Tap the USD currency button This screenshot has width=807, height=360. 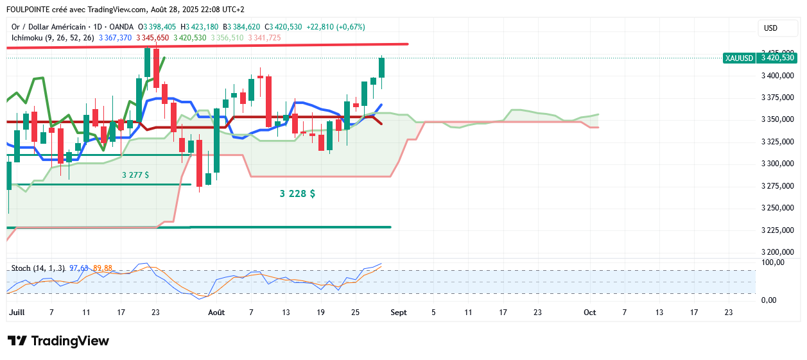tap(770, 28)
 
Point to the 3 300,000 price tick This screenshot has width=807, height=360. tap(777, 164)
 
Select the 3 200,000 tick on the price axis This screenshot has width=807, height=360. tap(777, 252)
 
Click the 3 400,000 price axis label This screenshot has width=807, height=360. tap(777, 76)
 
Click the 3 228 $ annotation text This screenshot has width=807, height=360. tap(297, 193)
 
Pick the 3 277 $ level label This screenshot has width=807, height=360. tap(135, 175)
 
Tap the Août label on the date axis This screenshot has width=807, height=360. tap(216, 313)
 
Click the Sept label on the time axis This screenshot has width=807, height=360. tap(399, 313)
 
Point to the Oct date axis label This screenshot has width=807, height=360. tap(589, 313)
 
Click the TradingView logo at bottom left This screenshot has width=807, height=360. tap(58, 341)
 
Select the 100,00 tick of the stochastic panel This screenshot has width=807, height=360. tap(773, 262)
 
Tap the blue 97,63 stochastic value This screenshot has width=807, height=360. tap(79, 268)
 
